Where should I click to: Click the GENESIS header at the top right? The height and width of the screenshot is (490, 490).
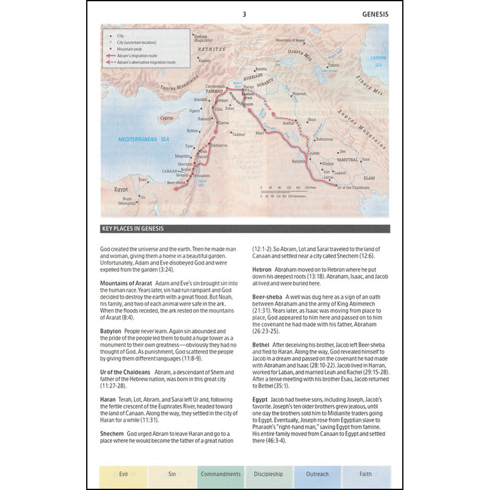[375, 14]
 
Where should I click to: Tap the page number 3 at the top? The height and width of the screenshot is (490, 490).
[245, 14]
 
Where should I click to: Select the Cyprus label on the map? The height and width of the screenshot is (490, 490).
[167, 118]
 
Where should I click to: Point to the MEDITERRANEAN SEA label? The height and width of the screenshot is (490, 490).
[144, 140]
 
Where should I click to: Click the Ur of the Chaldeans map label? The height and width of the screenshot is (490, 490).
[353, 187]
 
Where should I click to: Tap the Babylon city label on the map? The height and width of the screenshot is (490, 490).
[298, 162]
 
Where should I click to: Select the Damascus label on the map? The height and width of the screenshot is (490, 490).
[220, 145]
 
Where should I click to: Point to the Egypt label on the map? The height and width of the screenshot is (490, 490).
[121, 189]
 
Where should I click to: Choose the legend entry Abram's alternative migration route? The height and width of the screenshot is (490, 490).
[146, 62]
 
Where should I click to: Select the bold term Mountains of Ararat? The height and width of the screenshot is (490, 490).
[126, 283]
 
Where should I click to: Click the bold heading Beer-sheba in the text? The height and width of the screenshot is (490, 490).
[267, 297]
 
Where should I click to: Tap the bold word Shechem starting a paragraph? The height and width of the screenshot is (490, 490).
[112, 434]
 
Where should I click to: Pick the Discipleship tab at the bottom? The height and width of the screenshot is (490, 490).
[268, 474]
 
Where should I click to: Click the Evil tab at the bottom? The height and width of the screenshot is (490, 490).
[123, 474]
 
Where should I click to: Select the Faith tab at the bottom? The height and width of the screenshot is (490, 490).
[365, 474]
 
